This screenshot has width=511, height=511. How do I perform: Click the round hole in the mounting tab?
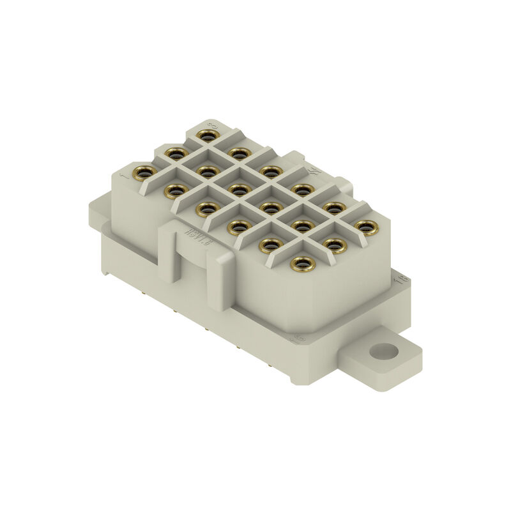[x=383, y=351]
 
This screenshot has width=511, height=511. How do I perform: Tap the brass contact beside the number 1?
[x=144, y=171]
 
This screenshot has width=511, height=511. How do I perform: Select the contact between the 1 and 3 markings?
[x=173, y=153]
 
